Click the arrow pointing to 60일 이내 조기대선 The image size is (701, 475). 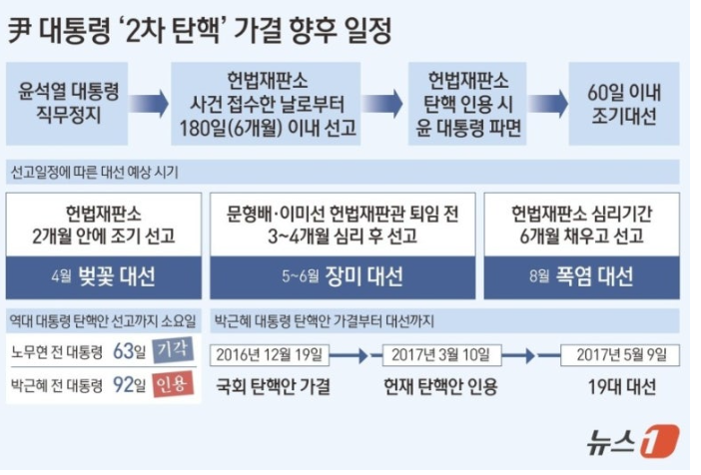(547, 104)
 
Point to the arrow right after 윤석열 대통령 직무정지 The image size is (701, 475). (150, 104)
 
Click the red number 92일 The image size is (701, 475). (130, 384)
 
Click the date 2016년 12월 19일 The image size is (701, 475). (270, 355)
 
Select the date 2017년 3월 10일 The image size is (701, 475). (441, 355)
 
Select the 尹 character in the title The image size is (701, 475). (20, 31)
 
